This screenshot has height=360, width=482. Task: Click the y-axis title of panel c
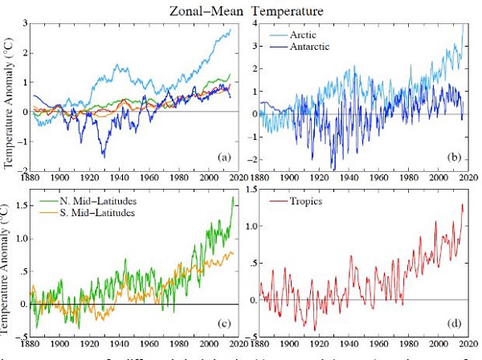pos(9,265)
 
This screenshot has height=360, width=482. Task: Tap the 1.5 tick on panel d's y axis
pos(251,189)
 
